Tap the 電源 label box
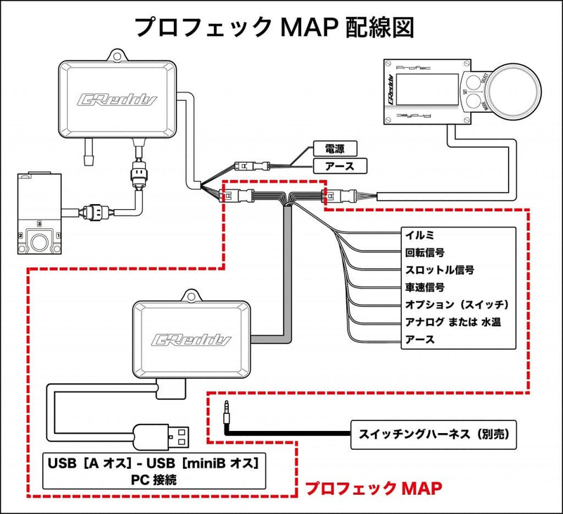(x=334, y=149)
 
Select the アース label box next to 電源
(x=334, y=166)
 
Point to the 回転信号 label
(x=426, y=252)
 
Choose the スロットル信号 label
(x=440, y=270)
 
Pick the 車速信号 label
(x=426, y=287)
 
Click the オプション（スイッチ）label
(x=456, y=305)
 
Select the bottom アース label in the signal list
(x=421, y=340)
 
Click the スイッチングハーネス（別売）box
(x=432, y=435)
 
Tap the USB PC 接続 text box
(x=154, y=472)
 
